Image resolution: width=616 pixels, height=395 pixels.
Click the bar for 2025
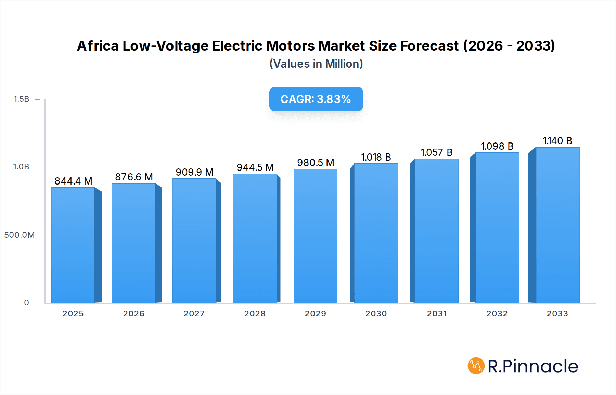(73, 245)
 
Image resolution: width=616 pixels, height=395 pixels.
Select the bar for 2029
(315, 236)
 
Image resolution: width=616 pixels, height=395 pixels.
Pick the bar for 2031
(436, 231)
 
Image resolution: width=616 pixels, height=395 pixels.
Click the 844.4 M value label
(74, 181)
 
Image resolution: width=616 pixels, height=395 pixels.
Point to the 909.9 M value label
(194, 172)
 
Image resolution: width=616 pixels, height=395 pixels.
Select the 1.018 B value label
(376, 157)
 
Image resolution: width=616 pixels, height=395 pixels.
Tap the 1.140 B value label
(557, 141)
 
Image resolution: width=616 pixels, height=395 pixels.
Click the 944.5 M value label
(255, 167)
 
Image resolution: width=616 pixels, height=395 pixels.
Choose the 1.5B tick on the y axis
(21, 99)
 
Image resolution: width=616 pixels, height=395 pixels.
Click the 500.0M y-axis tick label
(20, 235)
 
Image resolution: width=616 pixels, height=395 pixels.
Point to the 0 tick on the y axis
(26, 303)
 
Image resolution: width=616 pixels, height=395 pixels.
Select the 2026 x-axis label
(134, 314)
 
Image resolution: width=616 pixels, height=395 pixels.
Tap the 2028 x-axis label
(255, 314)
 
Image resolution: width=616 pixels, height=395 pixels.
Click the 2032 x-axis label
(497, 314)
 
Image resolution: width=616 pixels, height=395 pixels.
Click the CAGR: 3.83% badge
(316, 99)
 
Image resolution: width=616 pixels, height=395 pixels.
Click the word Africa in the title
(98, 46)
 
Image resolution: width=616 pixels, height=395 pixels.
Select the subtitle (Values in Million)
(316, 64)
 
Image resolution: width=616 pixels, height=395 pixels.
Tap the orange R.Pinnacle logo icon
(476, 366)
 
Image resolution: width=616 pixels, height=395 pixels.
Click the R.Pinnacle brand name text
(533, 366)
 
